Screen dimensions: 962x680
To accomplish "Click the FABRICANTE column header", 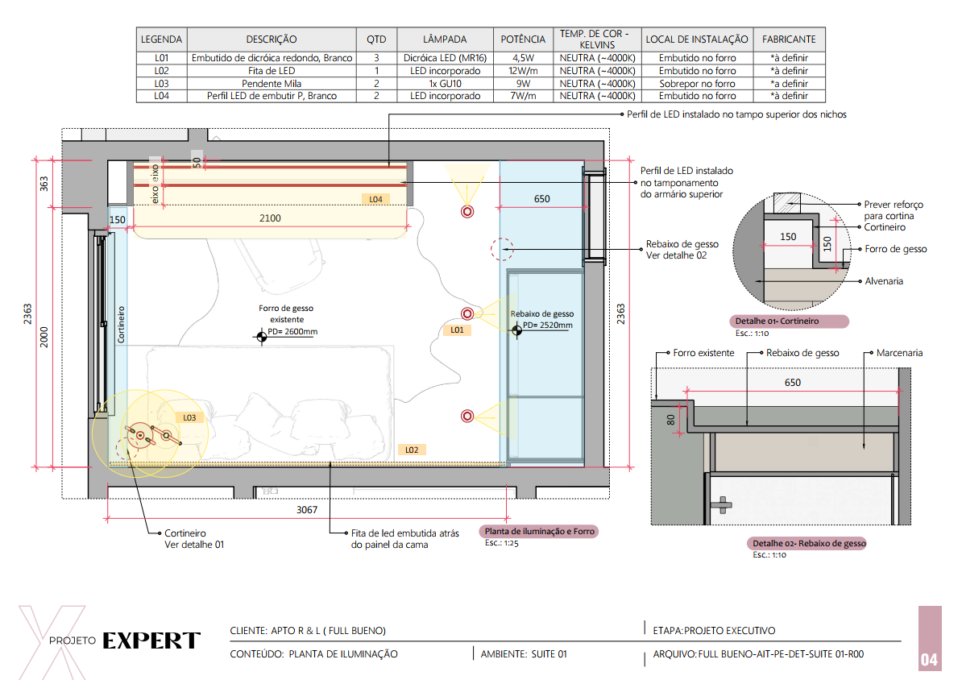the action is [x=789, y=39].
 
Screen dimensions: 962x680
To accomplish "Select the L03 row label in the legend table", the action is [x=161, y=84].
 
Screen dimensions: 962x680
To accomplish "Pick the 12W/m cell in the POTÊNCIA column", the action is [x=523, y=71].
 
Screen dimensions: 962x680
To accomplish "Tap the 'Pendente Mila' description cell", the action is [x=272, y=84].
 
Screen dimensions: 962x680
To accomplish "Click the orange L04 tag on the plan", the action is [x=375, y=199].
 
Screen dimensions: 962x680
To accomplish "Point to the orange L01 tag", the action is [x=457, y=330].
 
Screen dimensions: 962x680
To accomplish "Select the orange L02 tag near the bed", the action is [x=412, y=450].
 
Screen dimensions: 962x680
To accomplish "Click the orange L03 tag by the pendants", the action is [x=189, y=418].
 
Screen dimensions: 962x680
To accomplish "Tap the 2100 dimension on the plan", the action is [x=270, y=218].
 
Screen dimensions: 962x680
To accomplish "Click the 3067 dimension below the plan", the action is [x=307, y=510].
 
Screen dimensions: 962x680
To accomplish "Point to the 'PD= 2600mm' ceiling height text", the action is [x=292, y=332].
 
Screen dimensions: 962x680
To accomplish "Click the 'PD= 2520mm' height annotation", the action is [x=547, y=325].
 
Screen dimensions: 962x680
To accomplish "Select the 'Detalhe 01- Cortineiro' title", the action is [x=777, y=321].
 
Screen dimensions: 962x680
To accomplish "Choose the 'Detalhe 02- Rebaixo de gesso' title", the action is [x=809, y=543].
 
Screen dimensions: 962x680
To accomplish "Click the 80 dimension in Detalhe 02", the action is [x=670, y=421].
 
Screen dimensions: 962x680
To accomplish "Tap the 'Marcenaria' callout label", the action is [x=899, y=353].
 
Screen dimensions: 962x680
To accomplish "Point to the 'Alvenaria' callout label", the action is [x=884, y=281].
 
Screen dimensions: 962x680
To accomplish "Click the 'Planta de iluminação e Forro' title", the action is [x=540, y=532].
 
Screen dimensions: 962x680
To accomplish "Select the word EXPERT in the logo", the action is [x=151, y=641].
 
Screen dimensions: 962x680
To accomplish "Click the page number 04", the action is [x=930, y=660].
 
